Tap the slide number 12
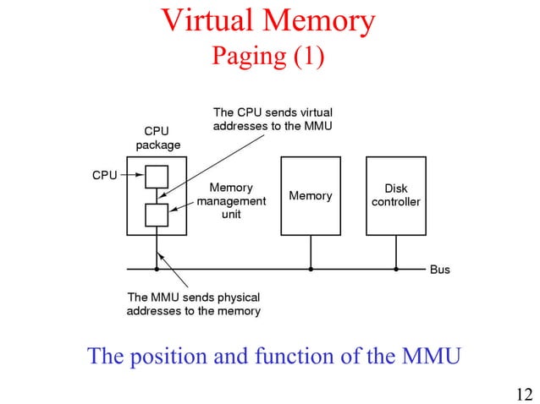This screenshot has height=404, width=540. click(x=524, y=392)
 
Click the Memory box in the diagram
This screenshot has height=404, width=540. click(x=311, y=196)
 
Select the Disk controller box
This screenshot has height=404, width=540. click(x=395, y=196)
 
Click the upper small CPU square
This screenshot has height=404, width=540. click(x=157, y=176)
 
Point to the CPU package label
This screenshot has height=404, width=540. click(x=157, y=139)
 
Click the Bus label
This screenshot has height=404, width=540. click(x=440, y=270)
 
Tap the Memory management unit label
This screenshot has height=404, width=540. click(x=231, y=201)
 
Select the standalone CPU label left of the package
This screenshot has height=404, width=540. click(x=103, y=175)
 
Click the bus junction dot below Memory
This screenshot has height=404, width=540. click(x=311, y=270)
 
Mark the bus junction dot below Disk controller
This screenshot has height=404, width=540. click(x=395, y=270)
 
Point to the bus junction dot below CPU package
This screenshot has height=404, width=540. click(x=157, y=270)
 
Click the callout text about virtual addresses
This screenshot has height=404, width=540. click(x=273, y=119)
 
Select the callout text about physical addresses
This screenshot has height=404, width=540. click(x=193, y=304)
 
